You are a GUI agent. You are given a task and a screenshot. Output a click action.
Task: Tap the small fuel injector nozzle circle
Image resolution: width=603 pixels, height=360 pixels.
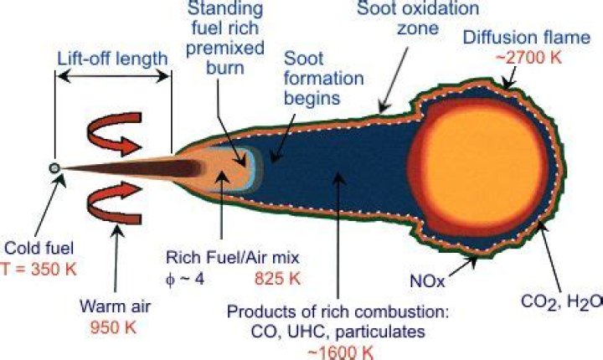coord(55,168)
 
